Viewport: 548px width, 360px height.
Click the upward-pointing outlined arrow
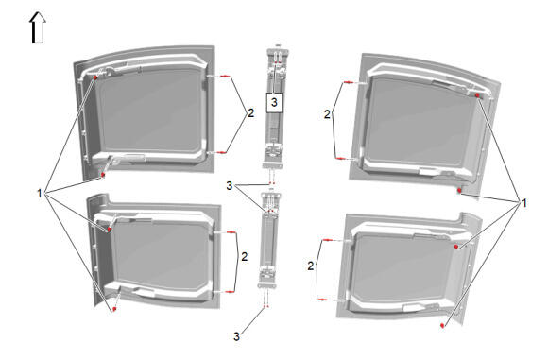point(38,28)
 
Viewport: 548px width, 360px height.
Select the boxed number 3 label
point(274,102)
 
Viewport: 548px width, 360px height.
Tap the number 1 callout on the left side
point(40,193)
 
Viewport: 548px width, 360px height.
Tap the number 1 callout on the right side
point(523,203)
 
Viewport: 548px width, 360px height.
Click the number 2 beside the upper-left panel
point(251,113)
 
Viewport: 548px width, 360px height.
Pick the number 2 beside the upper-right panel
point(327,114)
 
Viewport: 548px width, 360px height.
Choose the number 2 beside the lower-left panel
point(245,257)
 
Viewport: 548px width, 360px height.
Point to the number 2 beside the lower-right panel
point(311,266)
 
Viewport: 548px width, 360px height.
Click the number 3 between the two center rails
point(230,186)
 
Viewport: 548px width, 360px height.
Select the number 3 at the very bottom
point(236,336)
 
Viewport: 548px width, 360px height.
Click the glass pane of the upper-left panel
point(149,111)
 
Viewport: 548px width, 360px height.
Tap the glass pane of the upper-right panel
point(420,122)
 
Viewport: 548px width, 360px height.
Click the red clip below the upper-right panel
point(460,190)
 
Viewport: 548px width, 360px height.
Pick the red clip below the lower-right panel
point(442,325)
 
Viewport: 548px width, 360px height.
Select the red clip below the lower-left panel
point(114,309)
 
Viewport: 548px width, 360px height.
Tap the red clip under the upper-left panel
point(103,175)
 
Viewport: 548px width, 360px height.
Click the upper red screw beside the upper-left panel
point(226,77)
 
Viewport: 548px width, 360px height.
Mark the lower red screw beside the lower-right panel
point(321,300)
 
